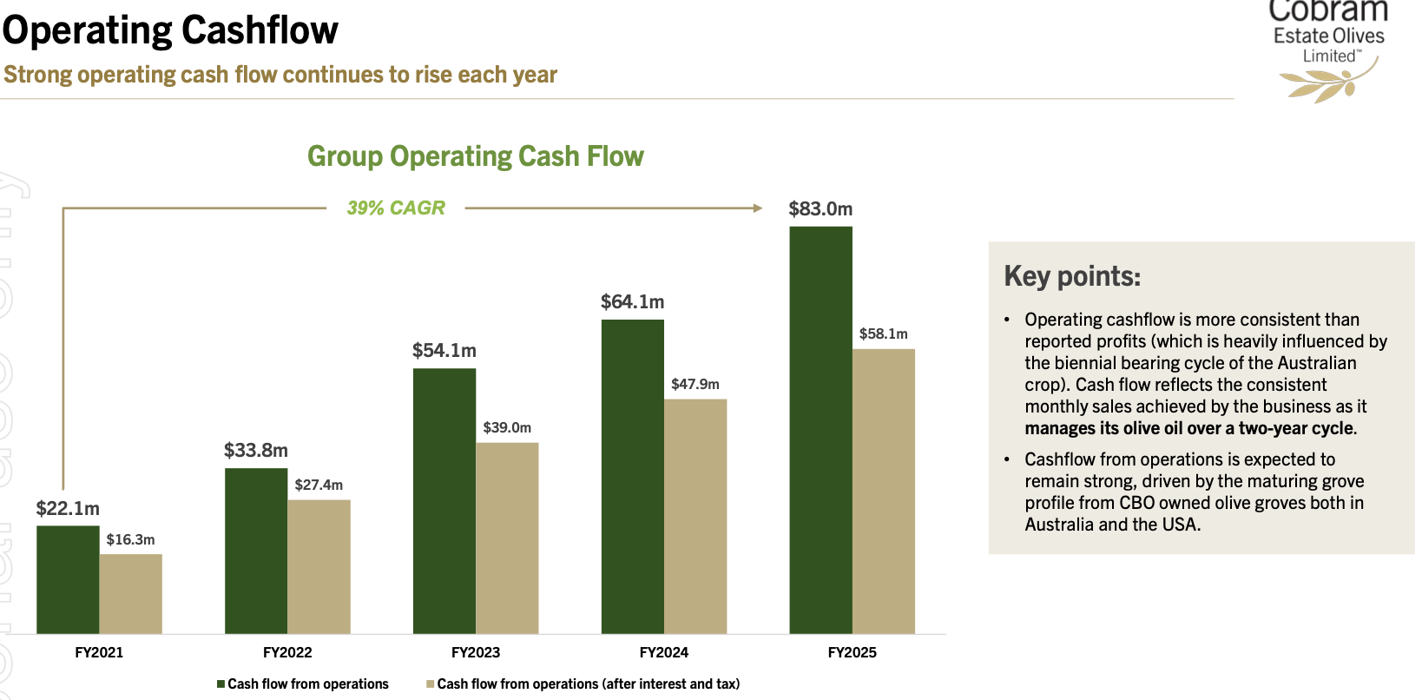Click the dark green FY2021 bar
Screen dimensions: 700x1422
pyautogui.click(x=68, y=579)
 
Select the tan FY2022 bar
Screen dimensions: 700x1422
pyautogui.click(x=319, y=566)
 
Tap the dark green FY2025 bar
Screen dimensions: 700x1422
pyautogui.click(x=820, y=430)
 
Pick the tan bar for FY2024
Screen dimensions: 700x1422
pyautogui.click(x=695, y=516)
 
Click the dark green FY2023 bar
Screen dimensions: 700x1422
pyautogui.click(x=444, y=501)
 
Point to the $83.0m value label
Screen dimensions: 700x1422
pyautogui.click(x=820, y=208)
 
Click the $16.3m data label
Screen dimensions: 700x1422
pyautogui.click(x=130, y=539)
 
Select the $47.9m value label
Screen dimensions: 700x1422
pyautogui.click(x=695, y=384)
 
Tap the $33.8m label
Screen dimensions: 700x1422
pyautogui.click(x=256, y=450)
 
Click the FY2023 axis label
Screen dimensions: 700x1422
pyautogui.click(x=476, y=652)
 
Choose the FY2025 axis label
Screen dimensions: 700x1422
pyautogui.click(x=852, y=652)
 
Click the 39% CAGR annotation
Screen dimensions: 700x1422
pyautogui.click(x=396, y=208)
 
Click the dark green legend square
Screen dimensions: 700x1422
pyautogui.click(x=221, y=684)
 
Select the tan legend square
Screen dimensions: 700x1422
pyautogui.click(x=430, y=684)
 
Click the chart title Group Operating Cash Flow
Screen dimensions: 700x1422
pyautogui.click(x=476, y=156)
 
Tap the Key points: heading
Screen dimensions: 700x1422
pyautogui.click(x=1072, y=276)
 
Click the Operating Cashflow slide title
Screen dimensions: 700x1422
pyautogui.click(x=170, y=30)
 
